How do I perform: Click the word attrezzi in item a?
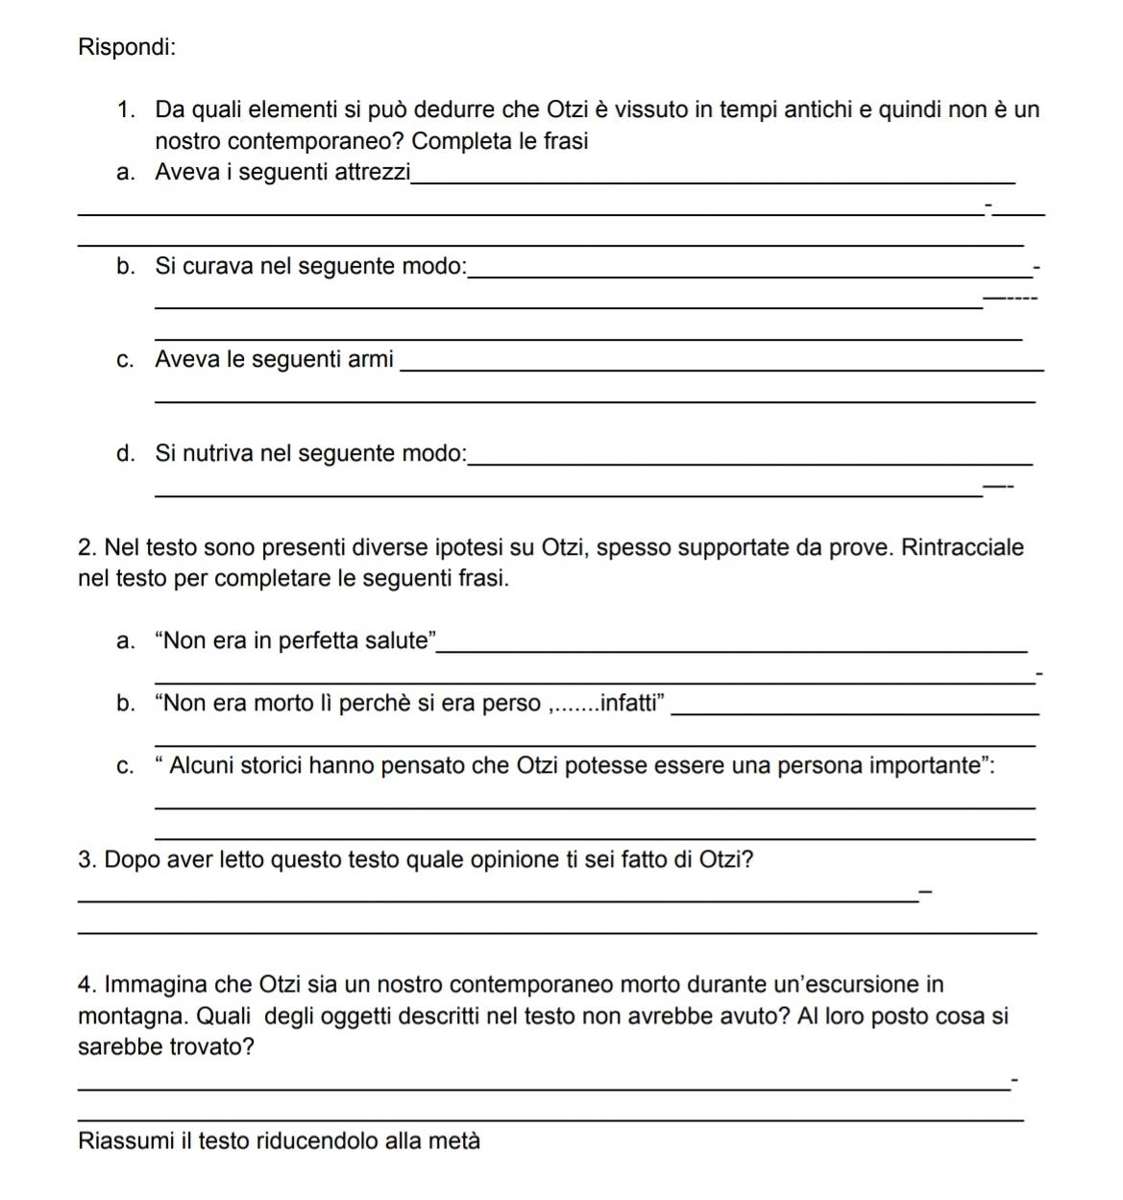tap(372, 172)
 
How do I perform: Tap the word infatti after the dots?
tap(630, 703)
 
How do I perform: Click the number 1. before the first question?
tap(126, 109)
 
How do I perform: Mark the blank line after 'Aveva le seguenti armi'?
tap(720, 370)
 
